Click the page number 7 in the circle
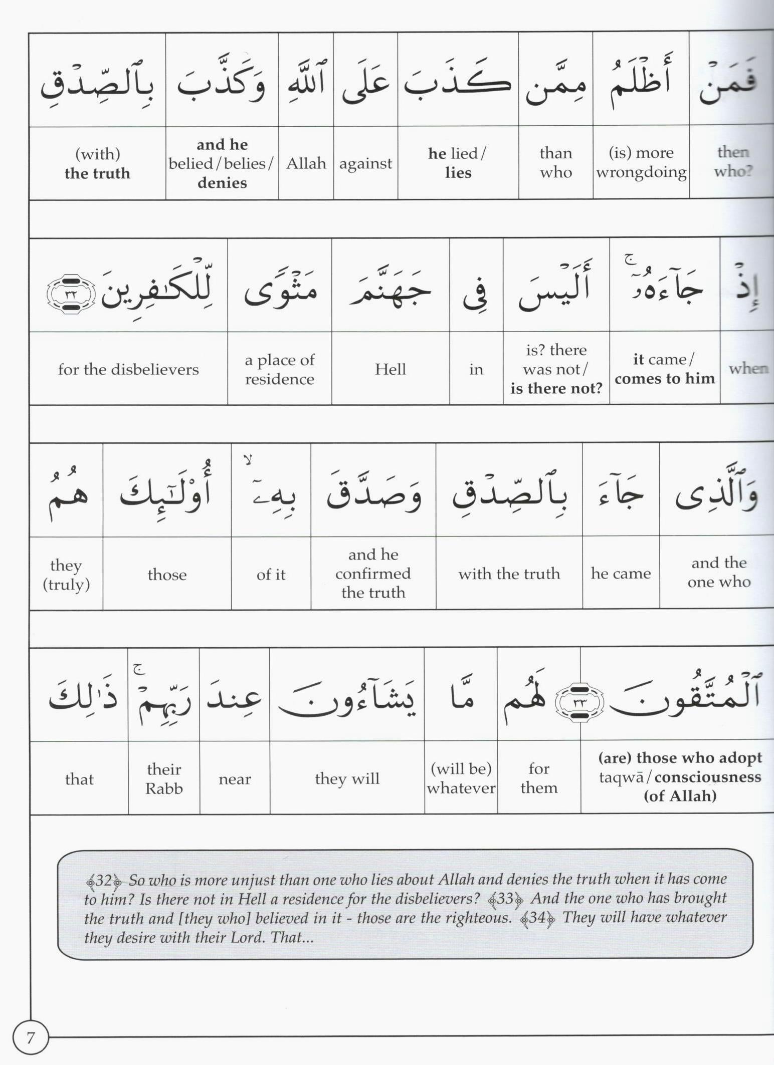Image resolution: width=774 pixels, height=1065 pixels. point(30,1037)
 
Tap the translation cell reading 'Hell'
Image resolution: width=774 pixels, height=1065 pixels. point(390,369)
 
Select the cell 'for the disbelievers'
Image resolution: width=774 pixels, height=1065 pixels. point(128,369)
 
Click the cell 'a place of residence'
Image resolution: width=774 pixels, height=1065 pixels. point(280,369)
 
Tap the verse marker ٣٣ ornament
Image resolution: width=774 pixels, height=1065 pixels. point(579,702)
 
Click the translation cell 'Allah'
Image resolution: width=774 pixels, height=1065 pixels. point(306,163)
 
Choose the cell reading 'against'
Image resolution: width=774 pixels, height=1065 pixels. point(365,163)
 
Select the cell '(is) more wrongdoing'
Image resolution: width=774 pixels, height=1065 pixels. point(641,162)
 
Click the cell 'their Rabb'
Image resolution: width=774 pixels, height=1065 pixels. point(164,778)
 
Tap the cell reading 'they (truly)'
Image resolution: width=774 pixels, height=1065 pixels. point(66,574)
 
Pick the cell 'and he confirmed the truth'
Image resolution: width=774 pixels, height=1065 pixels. point(373,574)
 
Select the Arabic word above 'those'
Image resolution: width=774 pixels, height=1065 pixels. point(166,491)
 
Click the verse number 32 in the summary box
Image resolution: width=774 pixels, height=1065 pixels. point(104,880)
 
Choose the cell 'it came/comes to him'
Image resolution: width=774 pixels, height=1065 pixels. point(665,369)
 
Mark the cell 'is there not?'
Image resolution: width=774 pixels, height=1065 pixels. point(556,369)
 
